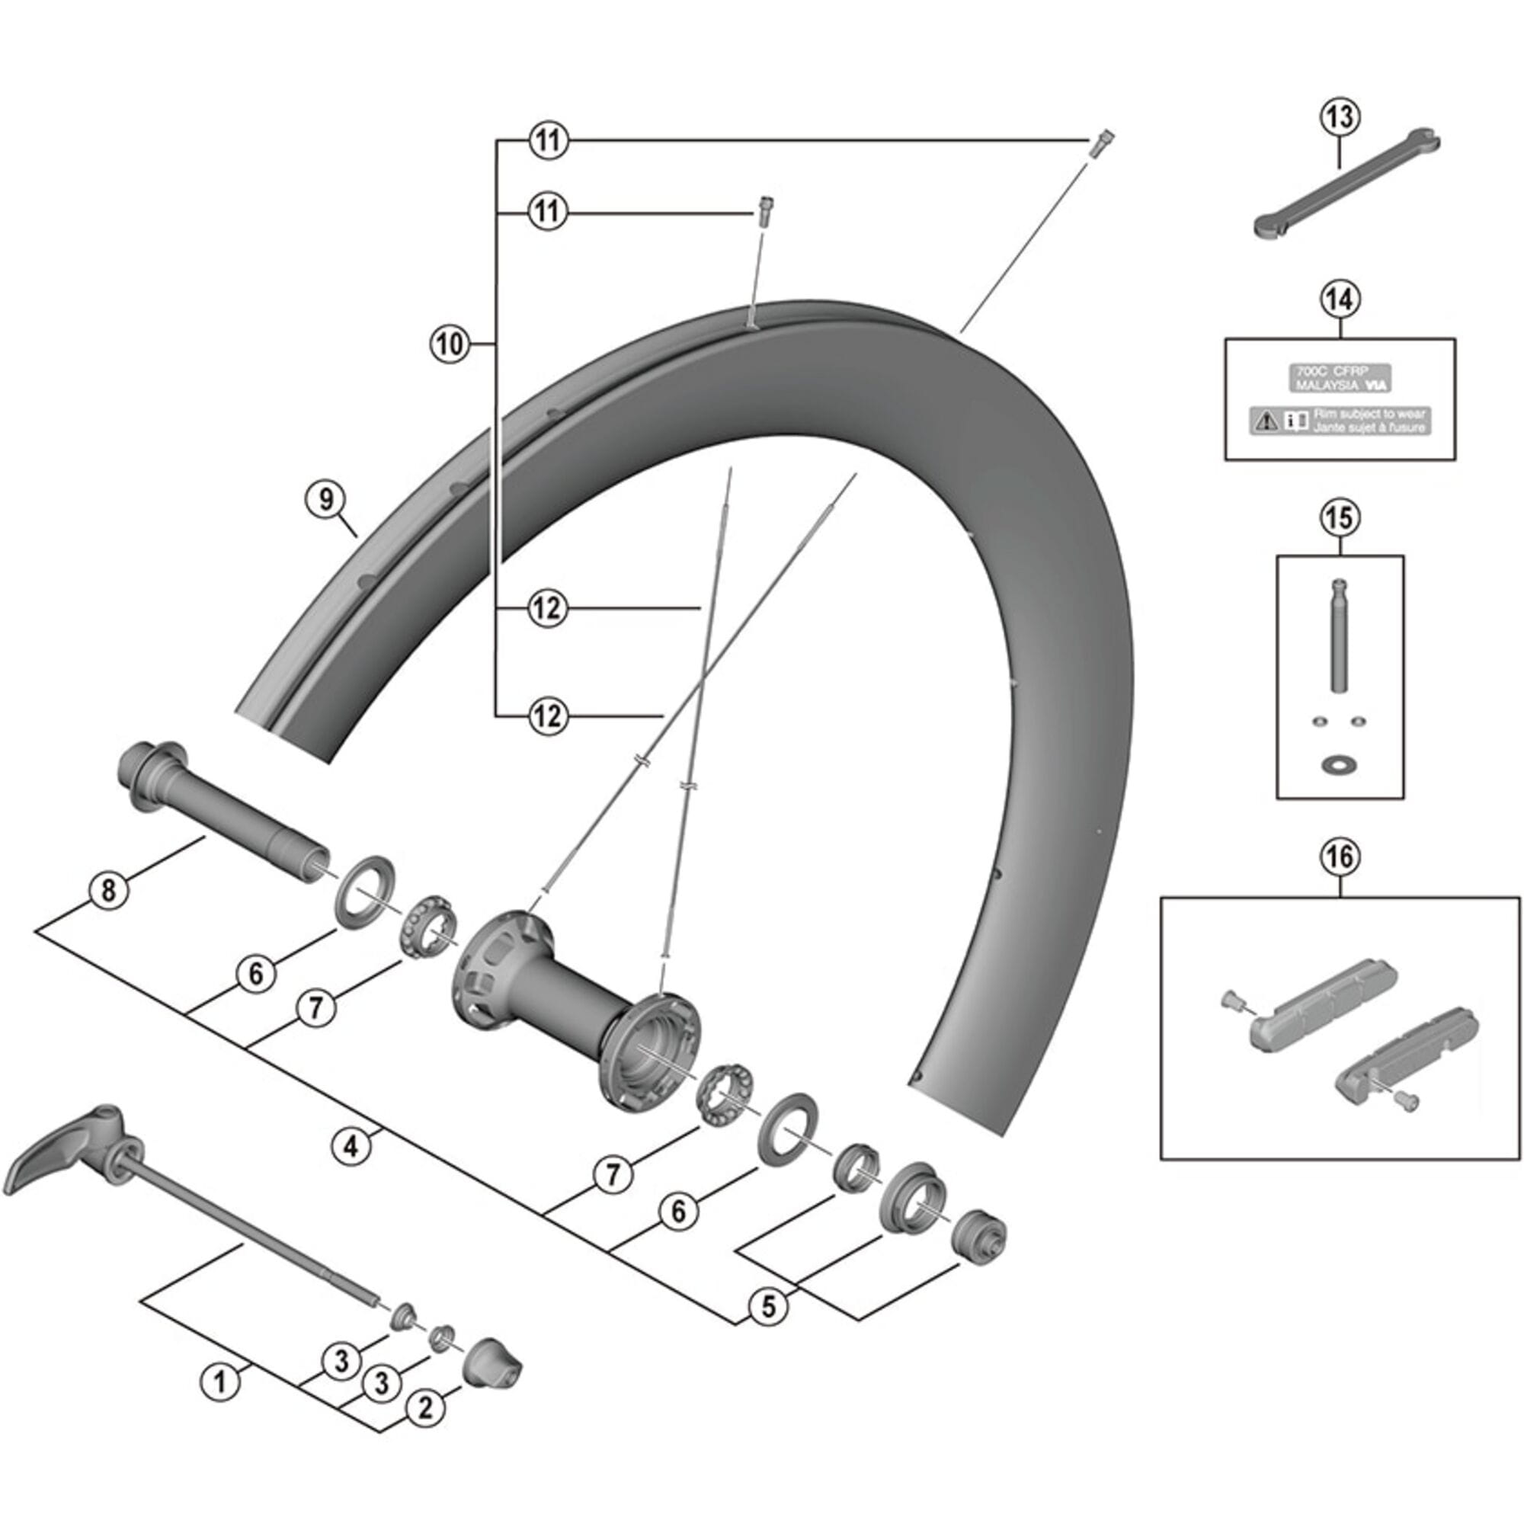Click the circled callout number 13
pyautogui.click(x=1340, y=117)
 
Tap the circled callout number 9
pyautogui.click(x=328, y=499)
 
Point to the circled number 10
pyautogui.click(x=449, y=344)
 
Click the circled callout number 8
pyautogui.click(x=108, y=891)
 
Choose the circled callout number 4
pyautogui.click(x=351, y=1145)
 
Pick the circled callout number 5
pyautogui.click(x=767, y=1306)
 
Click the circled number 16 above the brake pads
pyautogui.click(x=1340, y=856)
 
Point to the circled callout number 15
pyautogui.click(x=1340, y=517)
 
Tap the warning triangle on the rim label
pyautogui.click(x=1268, y=420)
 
